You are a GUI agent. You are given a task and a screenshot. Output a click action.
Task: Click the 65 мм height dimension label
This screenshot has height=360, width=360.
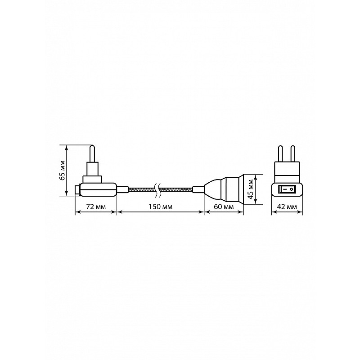click(62, 170)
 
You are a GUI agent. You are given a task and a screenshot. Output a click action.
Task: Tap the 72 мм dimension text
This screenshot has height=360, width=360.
click(96, 207)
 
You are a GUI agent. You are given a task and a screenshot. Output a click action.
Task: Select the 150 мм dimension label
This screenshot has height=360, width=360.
click(160, 207)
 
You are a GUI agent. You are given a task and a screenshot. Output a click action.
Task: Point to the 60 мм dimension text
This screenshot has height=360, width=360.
click(224, 207)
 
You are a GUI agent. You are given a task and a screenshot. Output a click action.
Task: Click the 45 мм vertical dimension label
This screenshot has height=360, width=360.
click(251, 189)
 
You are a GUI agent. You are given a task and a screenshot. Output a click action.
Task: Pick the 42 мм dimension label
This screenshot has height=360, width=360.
click(287, 207)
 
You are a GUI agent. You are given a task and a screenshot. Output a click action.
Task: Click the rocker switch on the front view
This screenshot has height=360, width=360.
click(287, 189)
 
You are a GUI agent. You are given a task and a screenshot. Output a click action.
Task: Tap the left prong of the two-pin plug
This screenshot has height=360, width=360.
click(280, 153)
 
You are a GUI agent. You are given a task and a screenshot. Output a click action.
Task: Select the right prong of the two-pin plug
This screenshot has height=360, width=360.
click(293, 153)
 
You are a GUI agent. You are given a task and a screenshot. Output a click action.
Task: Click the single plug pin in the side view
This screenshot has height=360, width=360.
click(92, 153)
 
